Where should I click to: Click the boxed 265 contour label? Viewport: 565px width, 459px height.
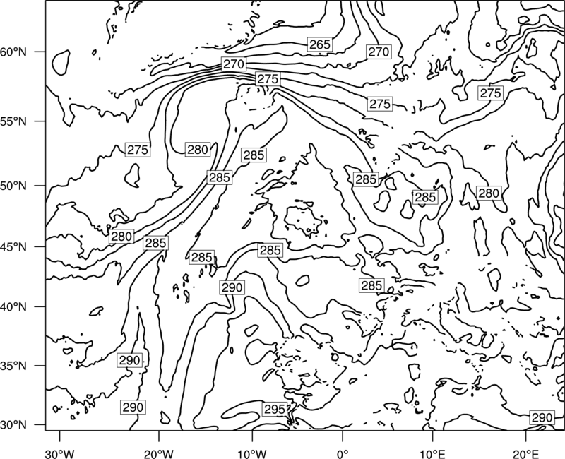click(x=320, y=44)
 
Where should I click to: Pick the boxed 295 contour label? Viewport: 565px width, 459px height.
click(x=275, y=410)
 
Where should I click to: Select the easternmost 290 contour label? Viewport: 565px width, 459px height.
click(x=542, y=417)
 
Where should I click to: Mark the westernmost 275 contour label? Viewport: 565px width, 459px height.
click(x=138, y=150)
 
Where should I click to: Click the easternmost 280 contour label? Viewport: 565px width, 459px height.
click(x=489, y=193)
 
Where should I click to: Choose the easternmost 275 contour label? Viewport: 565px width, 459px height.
click(x=490, y=93)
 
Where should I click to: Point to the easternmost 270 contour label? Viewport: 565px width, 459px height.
click(x=379, y=52)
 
